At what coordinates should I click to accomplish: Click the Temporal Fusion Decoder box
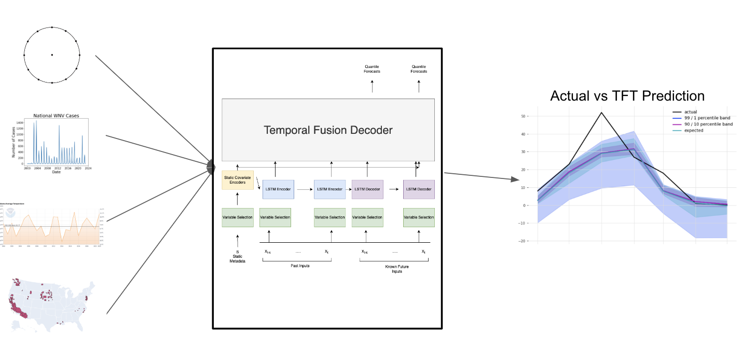pyautogui.click(x=328, y=130)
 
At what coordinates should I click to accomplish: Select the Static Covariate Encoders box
pyautogui.click(x=237, y=180)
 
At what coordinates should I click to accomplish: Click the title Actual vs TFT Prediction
pyautogui.click(x=627, y=96)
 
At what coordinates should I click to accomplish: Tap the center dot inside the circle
pyautogui.click(x=52, y=55)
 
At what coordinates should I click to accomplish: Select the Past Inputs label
pyautogui.click(x=296, y=266)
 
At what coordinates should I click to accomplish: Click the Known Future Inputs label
pyautogui.click(x=393, y=268)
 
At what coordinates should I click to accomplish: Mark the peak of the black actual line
pyautogui.click(x=601, y=113)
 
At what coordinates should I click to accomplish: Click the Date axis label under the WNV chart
pyautogui.click(x=56, y=172)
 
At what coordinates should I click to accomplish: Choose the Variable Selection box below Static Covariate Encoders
pyautogui.click(x=237, y=217)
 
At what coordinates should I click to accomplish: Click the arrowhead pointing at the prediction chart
pyautogui.click(x=515, y=179)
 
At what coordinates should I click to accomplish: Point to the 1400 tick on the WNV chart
pyautogui.click(x=20, y=122)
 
